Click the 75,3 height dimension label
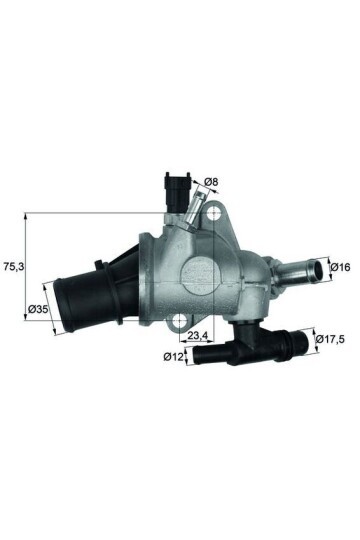point(14,268)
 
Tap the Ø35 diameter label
point(39,310)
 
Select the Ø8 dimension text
point(211,181)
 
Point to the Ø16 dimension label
point(340,267)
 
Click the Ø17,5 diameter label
point(330,339)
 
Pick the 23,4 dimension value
point(197,334)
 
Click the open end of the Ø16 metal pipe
point(313,268)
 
